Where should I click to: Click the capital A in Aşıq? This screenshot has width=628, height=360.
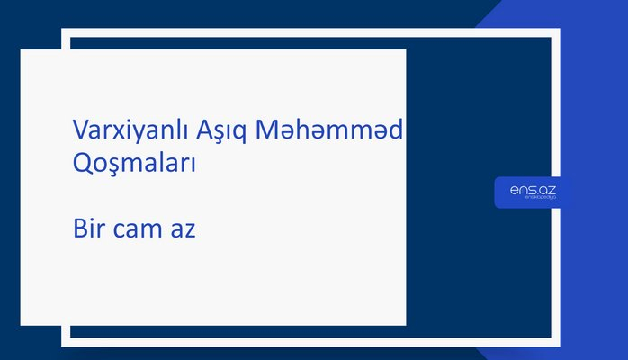tap(201, 132)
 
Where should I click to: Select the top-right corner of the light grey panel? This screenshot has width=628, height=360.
tap(405, 50)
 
